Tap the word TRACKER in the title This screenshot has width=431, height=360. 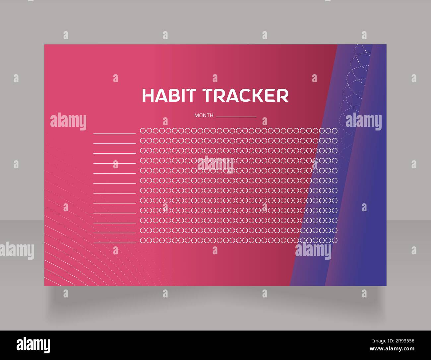tap(246, 95)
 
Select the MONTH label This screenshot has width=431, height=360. tap(204, 116)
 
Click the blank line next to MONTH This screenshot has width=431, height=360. tap(236, 117)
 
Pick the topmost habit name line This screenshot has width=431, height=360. tap(114, 133)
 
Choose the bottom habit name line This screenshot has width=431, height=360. tap(114, 243)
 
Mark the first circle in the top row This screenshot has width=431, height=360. tap(143, 131)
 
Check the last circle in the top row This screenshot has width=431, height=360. tap(335, 131)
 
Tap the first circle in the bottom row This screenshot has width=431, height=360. tap(143, 240)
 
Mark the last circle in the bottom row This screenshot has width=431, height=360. tap(335, 240)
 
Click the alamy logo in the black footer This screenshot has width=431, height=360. tap(33, 345)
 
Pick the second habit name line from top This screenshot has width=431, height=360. tap(114, 143)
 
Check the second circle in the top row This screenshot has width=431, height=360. tap(149, 131)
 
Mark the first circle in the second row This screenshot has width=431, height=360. tap(143, 141)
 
